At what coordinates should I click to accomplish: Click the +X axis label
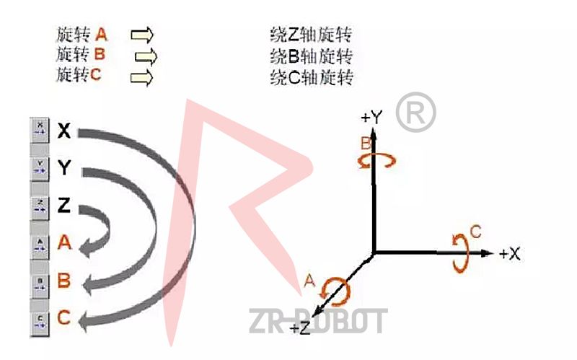[510, 253]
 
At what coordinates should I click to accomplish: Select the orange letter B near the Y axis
[366, 144]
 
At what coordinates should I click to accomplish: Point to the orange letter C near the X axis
[475, 232]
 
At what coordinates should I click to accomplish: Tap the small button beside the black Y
[40, 168]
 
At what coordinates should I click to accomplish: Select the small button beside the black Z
[40, 206]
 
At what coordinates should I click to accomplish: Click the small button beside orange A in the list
[40, 244]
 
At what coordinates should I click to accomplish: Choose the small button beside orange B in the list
[40, 281]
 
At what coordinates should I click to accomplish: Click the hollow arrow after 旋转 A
[143, 34]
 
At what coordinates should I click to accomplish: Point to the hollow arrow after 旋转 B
[146, 56]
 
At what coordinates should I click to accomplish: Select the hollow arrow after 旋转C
[143, 76]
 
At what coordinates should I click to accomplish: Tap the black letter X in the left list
[64, 131]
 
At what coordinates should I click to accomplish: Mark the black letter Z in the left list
[64, 206]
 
